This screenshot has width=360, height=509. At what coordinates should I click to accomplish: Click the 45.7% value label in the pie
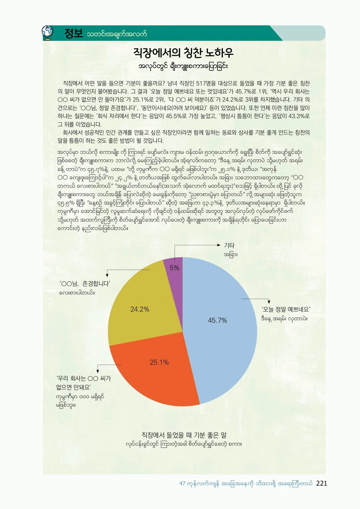click(217, 321)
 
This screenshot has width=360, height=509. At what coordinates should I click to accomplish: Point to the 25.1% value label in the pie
click(159, 362)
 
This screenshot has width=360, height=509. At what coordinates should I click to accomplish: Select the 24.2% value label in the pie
click(140, 309)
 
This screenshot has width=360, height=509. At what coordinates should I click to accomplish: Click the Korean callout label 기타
click(229, 245)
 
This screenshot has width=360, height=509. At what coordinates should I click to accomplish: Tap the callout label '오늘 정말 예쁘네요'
click(286, 309)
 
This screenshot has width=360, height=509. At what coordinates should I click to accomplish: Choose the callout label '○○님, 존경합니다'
click(85, 283)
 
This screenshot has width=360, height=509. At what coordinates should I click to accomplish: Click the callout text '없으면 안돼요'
click(73, 387)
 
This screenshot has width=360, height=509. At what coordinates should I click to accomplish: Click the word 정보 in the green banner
click(73, 33)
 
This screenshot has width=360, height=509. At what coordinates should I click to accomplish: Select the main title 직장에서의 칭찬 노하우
click(183, 53)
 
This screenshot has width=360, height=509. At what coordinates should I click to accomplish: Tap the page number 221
click(322, 483)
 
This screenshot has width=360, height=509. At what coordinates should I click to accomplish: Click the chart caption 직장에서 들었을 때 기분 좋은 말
click(184, 435)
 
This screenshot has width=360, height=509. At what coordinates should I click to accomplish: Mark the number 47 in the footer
click(182, 484)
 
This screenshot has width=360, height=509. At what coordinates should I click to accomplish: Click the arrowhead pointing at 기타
click(219, 245)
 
